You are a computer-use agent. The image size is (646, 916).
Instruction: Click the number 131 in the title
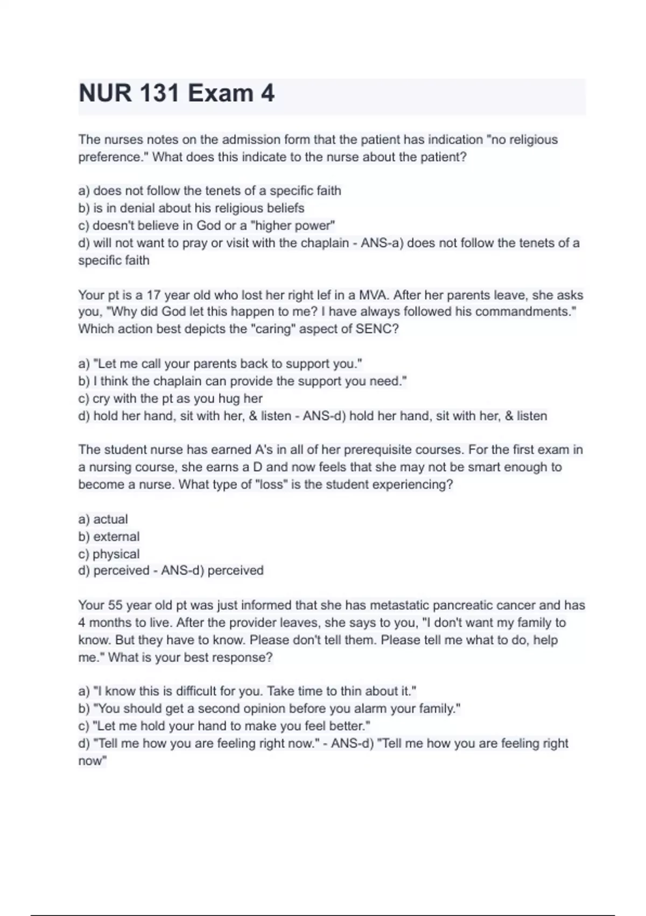point(159,93)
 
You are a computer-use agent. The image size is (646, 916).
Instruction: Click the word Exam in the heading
point(220,93)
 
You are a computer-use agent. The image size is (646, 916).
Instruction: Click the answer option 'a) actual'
point(103,519)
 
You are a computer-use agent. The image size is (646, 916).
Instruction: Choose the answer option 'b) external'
point(109,537)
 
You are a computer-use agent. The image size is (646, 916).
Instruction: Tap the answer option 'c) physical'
point(109,554)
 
